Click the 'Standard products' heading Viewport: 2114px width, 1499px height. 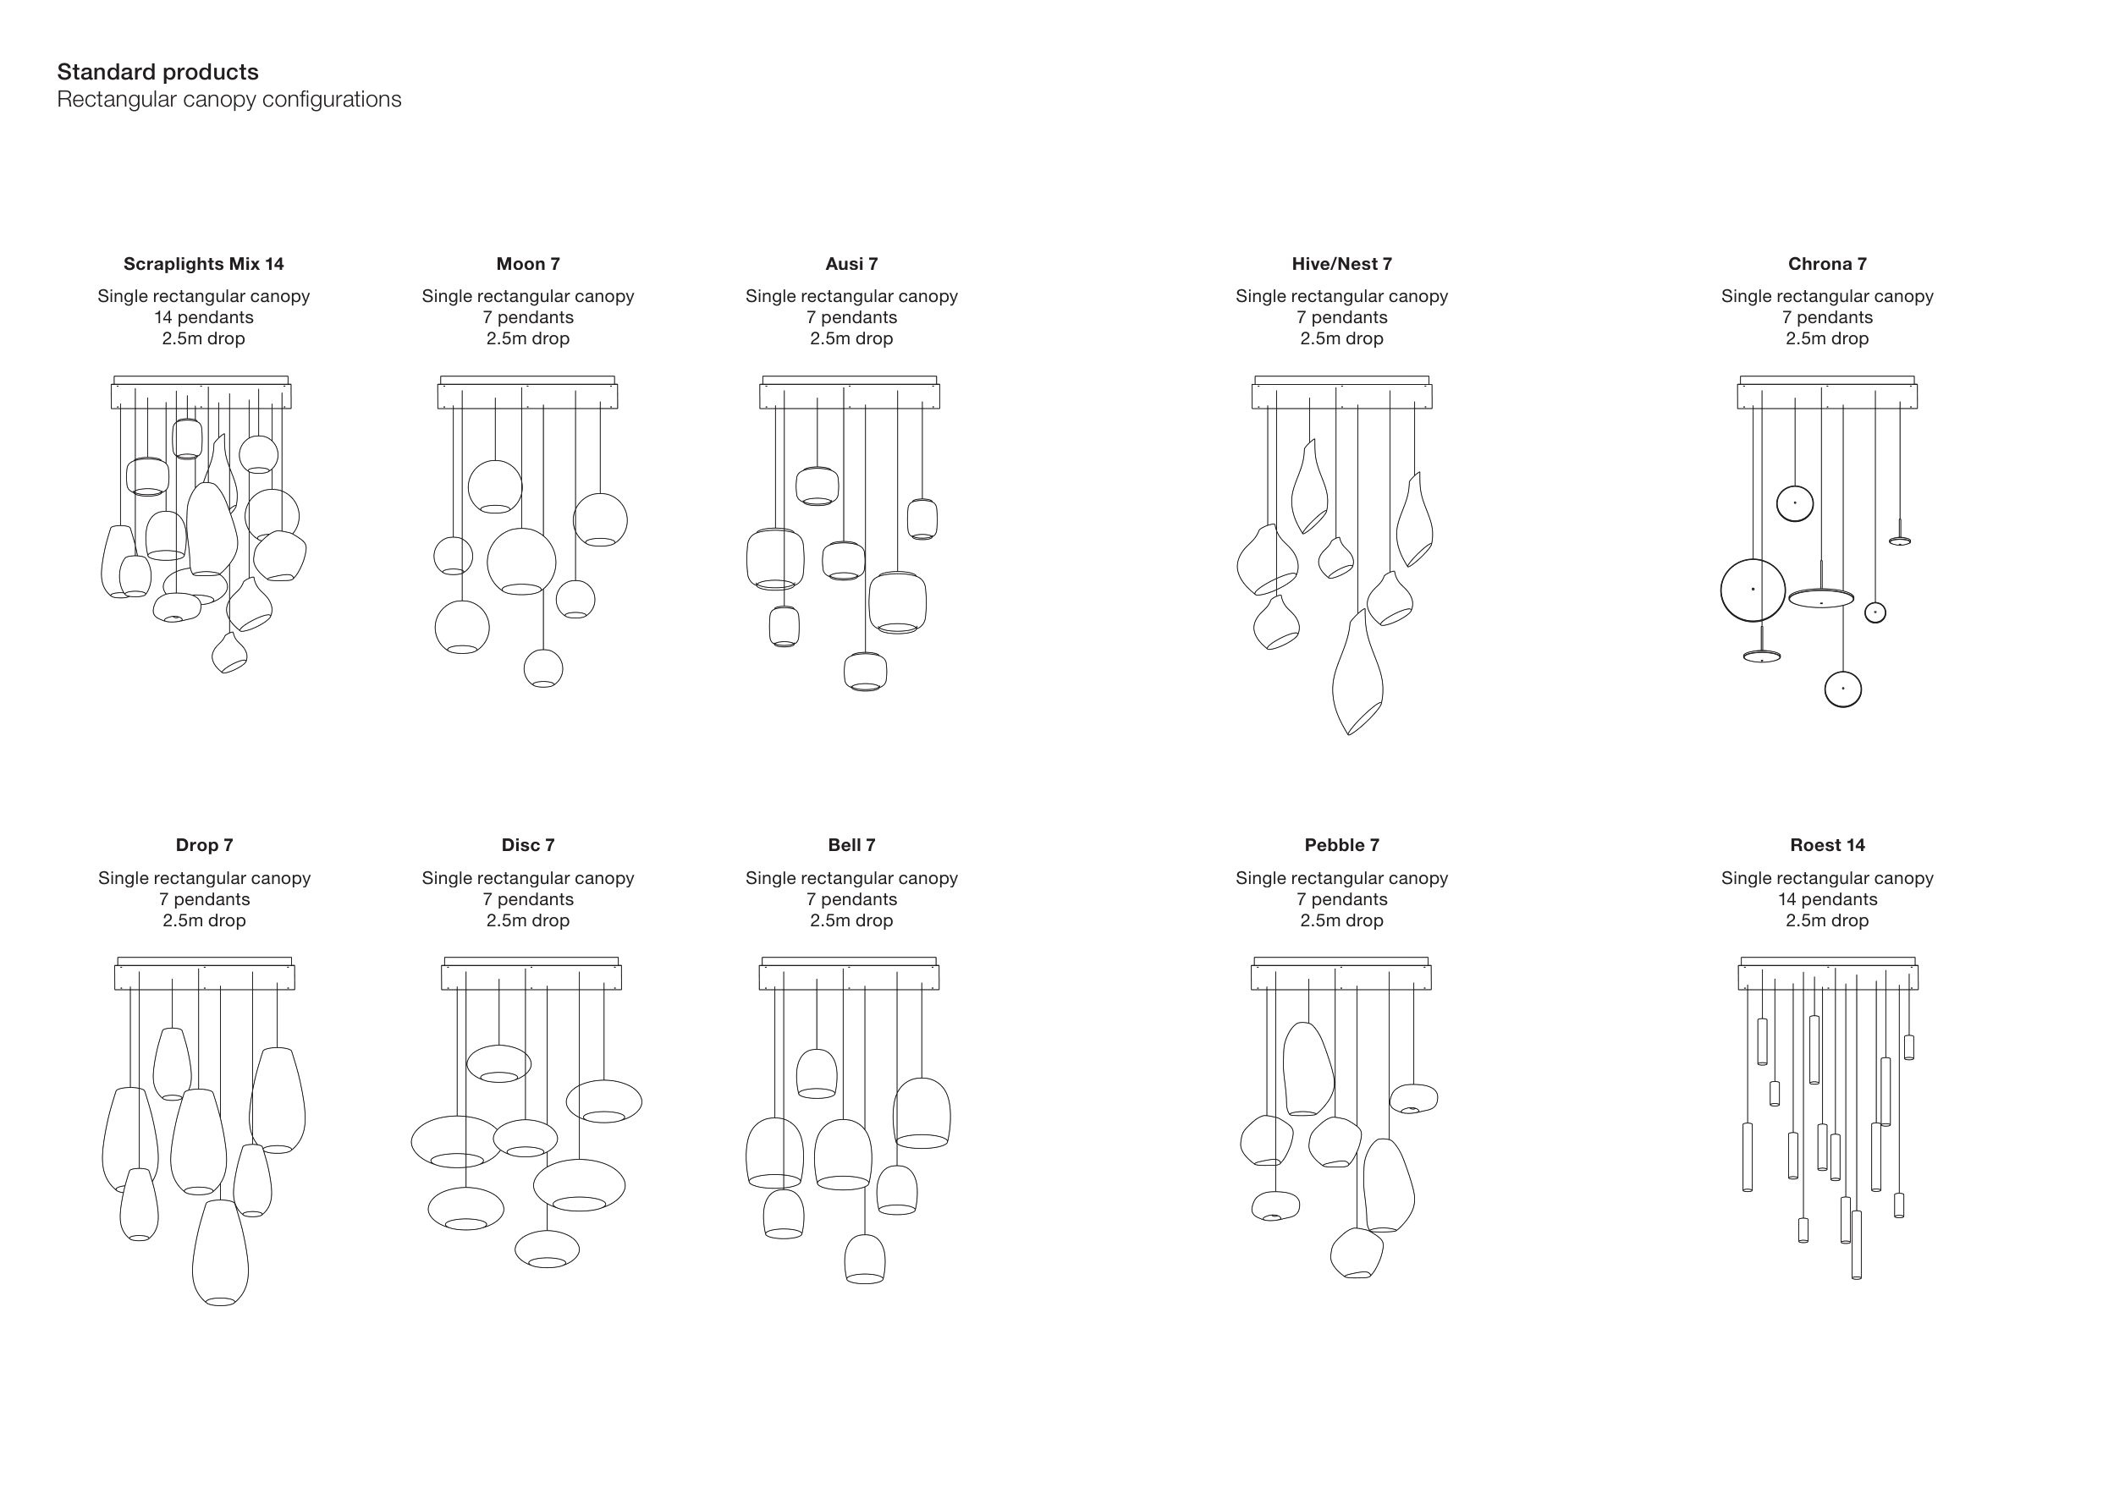tap(158, 72)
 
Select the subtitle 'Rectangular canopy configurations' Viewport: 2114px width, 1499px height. tap(229, 100)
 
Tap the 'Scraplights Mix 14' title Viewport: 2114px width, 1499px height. tap(203, 264)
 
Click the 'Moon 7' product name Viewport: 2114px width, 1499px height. tap(528, 264)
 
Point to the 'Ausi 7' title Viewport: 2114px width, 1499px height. tap(851, 264)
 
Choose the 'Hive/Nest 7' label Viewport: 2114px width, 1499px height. tap(1341, 264)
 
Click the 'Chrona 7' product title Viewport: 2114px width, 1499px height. tap(1827, 264)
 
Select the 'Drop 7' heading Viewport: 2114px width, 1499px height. tap(204, 845)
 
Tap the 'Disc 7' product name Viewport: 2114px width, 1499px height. tap(528, 845)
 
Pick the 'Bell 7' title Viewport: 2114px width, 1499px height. tap(851, 845)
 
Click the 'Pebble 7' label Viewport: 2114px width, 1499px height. tap(1341, 845)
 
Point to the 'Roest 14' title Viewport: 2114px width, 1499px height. tap(1827, 845)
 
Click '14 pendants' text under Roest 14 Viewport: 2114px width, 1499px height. tap(1827, 900)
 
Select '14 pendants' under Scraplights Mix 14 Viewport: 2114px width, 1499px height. tap(203, 317)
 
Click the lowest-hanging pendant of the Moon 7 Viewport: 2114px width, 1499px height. tap(542, 668)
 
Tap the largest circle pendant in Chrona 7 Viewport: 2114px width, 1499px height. tap(1752, 590)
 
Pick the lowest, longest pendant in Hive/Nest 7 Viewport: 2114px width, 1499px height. tap(1357, 674)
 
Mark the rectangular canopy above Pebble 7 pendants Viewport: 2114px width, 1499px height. tap(1341, 976)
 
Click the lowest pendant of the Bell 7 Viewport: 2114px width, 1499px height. tap(865, 1259)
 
